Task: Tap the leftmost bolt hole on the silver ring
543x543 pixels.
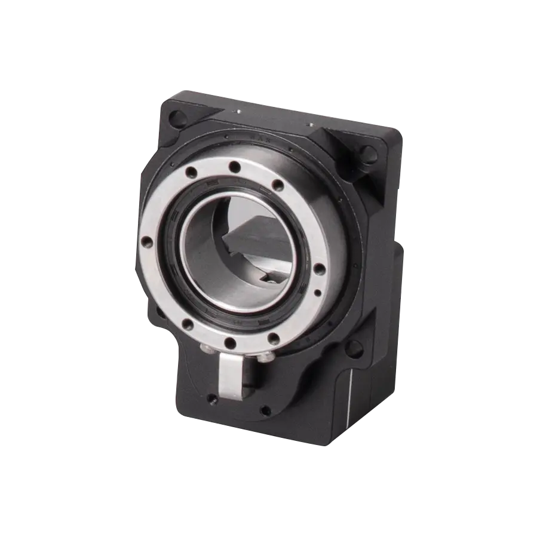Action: (x=145, y=243)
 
